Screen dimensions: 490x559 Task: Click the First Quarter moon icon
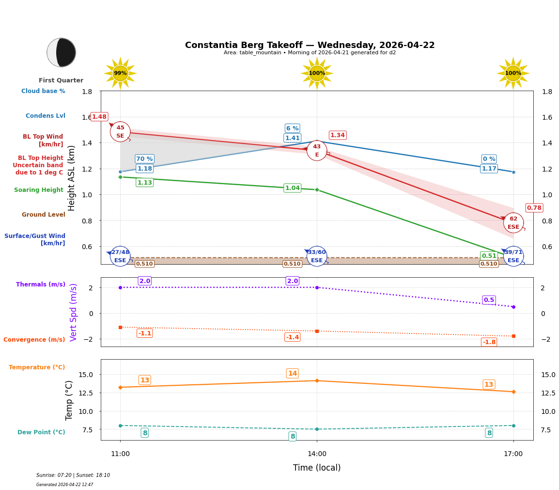pyautogui.click(x=62, y=52)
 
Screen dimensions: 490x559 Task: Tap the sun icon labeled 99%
pyautogui.click(x=120, y=73)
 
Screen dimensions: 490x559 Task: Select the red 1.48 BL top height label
pyautogui.click(x=99, y=117)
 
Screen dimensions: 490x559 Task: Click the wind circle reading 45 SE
pyautogui.click(x=120, y=132)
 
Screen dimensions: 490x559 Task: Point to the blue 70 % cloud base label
pyautogui.click(x=144, y=159)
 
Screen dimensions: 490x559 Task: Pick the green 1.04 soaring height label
pyautogui.click(x=292, y=188)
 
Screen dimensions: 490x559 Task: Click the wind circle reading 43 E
pyautogui.click(x=317, y=151)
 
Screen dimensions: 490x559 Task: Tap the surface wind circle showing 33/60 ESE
pyautogui.click(x=317, y=256)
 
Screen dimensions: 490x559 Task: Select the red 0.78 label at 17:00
pyautogui.click(x=534, y=208)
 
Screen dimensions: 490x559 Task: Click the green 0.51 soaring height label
pyautogui.click(x=489, y=256)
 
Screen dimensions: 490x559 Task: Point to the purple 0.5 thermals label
pyautogui.click(x=489, y=300)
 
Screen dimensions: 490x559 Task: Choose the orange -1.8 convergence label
pyautogui.click(x=489, y=342)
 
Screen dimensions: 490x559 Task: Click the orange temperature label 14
pyautogui.click(x=292, y=373)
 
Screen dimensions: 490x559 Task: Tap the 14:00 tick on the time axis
pyautogui.click(x=317, y=454)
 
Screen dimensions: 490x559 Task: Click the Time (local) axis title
pyautogui.click(x=317, y=468)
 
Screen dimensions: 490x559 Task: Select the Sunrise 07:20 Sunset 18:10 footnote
pyautogui.click(x=73, y=475)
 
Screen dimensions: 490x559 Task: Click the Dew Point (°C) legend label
pyautogui.click(x=41, y=432)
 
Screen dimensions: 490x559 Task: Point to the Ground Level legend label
pyautogui.click(x=43, y=215)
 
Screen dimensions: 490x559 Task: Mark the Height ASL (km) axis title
pyautogui.click(x=72, y=178)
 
